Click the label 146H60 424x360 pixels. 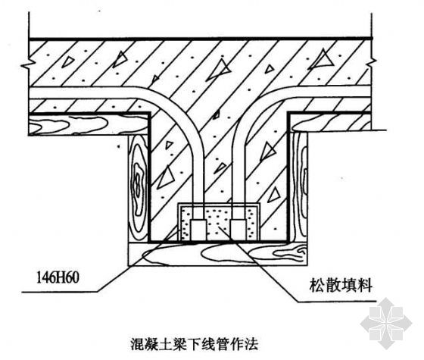point(58,278)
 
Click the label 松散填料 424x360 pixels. point(341,285)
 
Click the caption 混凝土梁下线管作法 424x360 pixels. point(195,344)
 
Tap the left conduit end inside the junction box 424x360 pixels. point(198,230)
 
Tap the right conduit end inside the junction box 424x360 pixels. point(238,230)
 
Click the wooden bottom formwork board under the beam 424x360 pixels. point(218,254)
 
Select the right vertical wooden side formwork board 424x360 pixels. point(298,186)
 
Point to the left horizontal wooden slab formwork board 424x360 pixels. point(89,124)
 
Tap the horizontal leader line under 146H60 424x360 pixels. point(60,292)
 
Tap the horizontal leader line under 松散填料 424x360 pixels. point(336,301)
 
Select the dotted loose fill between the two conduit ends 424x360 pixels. point(219,224)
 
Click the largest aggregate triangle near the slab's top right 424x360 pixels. point(323,59)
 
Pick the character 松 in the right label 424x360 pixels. point(317,285)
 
